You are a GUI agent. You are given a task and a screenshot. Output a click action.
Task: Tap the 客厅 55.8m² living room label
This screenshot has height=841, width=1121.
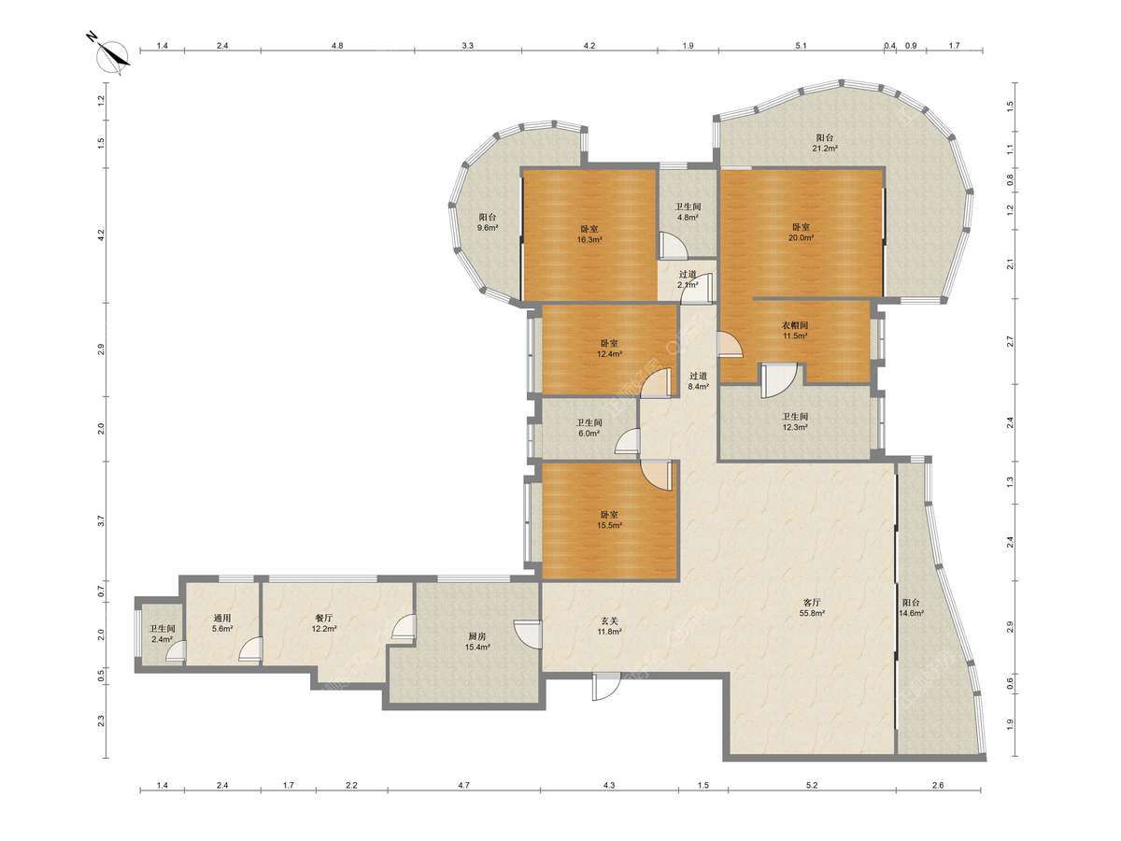click(x=813, y=607)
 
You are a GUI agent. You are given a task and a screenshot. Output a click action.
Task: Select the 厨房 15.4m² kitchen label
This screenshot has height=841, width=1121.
click(x=477, y=641)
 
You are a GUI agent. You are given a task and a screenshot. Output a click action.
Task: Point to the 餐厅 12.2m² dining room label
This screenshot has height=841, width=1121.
click(x=324, y=623)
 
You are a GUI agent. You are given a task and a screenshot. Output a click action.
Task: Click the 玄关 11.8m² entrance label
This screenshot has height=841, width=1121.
click(x=609, y=626)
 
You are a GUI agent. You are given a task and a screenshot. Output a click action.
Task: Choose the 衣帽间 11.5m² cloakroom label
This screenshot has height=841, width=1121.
click(x=795, y=331)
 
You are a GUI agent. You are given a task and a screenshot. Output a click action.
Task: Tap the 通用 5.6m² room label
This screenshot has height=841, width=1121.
click(x=222, y=623)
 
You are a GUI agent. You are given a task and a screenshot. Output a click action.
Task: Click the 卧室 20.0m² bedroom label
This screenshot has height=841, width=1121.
click(x=801, y=232)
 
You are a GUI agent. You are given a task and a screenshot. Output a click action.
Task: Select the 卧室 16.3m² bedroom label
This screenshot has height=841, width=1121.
click(x=589, y=234)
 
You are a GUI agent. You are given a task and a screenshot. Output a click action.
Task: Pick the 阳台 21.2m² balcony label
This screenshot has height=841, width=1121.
click(x=824, y=143)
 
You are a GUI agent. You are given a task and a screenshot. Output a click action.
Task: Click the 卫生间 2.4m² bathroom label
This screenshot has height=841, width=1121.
click(x=162, y=634)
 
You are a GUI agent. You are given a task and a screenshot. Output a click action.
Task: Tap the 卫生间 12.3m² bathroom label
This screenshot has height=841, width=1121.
click(x=795, y=421)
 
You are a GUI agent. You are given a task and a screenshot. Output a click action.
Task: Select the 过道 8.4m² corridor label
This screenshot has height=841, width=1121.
click(x=698, y=381)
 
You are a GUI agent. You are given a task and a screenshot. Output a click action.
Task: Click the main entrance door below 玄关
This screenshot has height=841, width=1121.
click(x=606, y=686)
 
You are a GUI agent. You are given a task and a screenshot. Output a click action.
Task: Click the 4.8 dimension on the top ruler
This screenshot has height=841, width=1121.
click(x=337, y=46)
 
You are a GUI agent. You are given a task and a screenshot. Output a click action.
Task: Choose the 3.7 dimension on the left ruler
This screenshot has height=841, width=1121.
click(x=101, y=521)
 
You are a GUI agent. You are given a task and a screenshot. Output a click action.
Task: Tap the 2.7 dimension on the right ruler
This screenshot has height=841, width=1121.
click(x=1010, y=341)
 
